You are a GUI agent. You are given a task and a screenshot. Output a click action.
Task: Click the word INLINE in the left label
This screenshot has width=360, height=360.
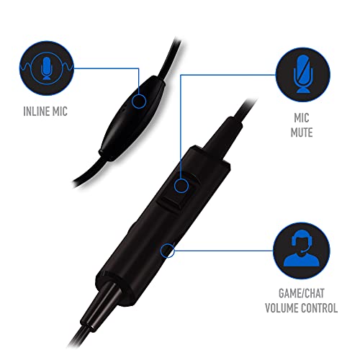tap(35, 112)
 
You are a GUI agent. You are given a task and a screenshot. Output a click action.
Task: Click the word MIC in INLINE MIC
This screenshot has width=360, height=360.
tap(59, 112)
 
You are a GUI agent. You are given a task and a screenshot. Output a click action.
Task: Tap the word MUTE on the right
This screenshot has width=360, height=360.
tap(302, 132)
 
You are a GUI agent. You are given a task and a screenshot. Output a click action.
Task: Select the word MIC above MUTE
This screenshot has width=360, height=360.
tap(302, 118)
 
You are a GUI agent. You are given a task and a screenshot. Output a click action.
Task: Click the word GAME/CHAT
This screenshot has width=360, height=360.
tap(302, 293)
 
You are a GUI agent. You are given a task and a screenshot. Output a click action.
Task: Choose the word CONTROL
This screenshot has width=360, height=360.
tap(320, 308)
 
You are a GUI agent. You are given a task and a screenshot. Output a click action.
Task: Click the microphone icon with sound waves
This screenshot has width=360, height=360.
tap(47, 68)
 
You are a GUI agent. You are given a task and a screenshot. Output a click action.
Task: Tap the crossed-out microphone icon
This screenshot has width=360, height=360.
tap(303, 75)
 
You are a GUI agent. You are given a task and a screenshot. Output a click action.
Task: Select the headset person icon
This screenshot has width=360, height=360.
tap(302, 251)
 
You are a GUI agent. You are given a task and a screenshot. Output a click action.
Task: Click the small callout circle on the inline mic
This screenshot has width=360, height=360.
tap(139, 101)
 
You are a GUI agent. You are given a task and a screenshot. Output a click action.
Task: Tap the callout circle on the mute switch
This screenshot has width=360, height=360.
tap(181, 186)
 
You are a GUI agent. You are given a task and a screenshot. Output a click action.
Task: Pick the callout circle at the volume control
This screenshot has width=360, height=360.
tap(167, 251)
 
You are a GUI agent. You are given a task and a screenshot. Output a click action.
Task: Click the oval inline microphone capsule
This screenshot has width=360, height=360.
tap(132, 117)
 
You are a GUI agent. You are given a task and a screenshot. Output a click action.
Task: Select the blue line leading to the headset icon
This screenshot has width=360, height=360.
tap(224, 251)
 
